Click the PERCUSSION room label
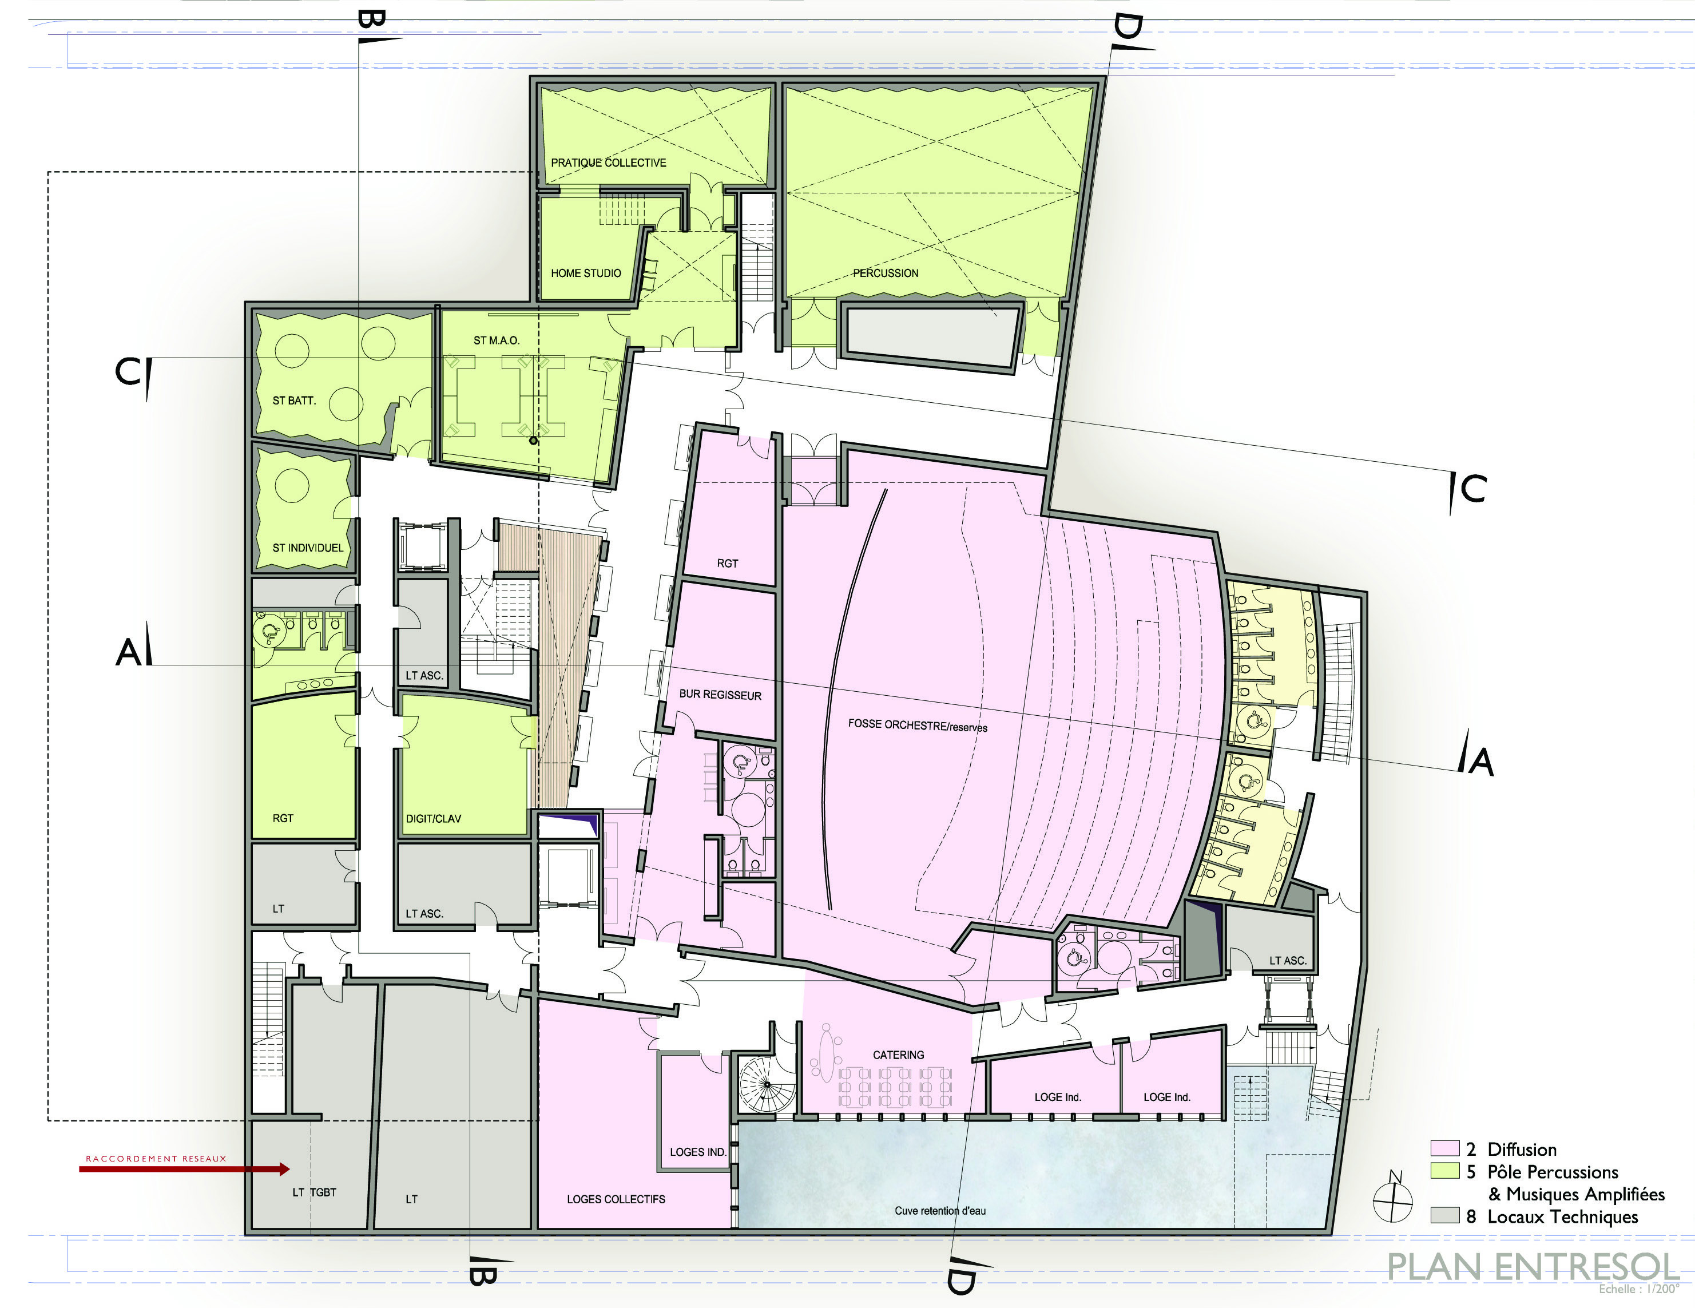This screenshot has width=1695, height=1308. click(x=886, y=274)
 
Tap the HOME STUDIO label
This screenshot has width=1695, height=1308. click(x=586, y=274)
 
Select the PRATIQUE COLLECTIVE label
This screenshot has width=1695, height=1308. click(x=609, y=163)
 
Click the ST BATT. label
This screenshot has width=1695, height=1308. click(x=294, y=401)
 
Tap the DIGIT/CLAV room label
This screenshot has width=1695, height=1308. click(x=433, y=818)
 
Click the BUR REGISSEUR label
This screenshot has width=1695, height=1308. click(x=720, y=695)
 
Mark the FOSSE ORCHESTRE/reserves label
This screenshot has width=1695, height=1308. click(x=918, y=725)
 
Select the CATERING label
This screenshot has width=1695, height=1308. click(x=898, y=1055)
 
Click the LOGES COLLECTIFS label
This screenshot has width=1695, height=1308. click(x=616, y=1199)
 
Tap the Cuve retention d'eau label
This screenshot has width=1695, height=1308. click(x=940, y=1210)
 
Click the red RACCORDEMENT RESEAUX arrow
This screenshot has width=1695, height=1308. click(x=185, y=1169)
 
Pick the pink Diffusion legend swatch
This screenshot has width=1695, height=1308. click(x=1445, y=1148)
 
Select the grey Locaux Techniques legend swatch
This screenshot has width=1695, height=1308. click(x=1445, y=1216)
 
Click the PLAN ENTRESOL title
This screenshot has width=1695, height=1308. click(x=1533, y=1267)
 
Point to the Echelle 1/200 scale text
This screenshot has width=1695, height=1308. click(x=1638, y=1289)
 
